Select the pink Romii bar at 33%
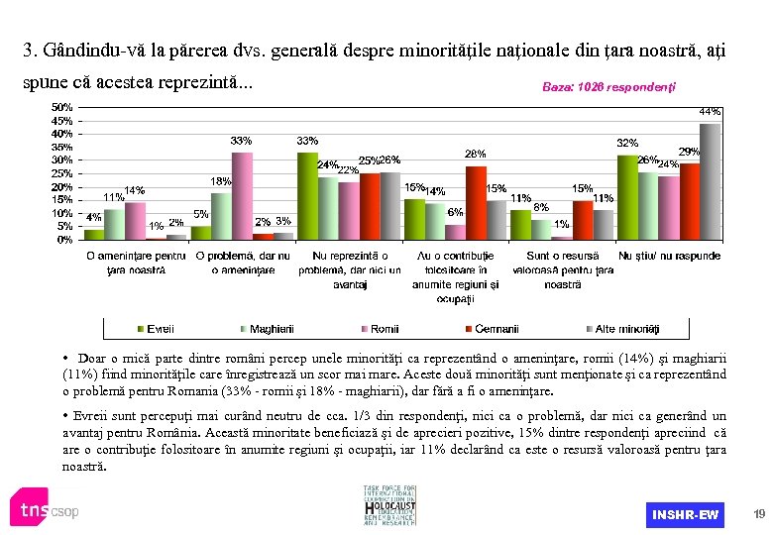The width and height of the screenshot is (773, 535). coord(243,196)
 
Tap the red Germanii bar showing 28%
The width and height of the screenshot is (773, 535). coord(476,203)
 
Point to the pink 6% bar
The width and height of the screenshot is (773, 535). coord(455,232)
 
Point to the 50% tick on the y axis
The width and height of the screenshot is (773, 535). coord(61,106)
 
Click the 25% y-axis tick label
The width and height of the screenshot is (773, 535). coord(61,172)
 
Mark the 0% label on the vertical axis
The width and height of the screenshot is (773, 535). coord(64,239)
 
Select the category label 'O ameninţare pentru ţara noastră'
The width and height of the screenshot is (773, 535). coord(136,263)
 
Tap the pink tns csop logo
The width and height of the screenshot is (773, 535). coord(45,510)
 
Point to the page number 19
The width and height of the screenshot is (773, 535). coord(759,514)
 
